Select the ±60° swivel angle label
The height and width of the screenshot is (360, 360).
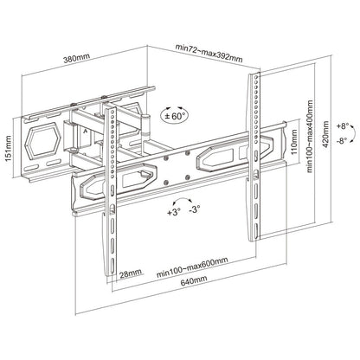177,115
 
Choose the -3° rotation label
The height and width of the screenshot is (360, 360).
199,210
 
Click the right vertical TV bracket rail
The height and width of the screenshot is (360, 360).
255,156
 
